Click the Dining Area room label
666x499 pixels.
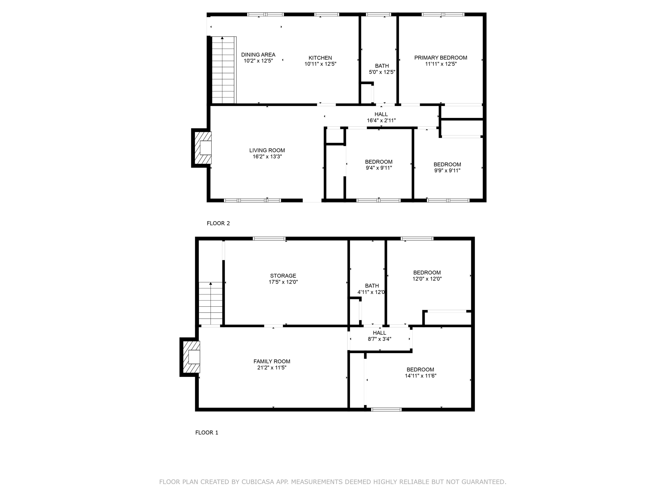258,55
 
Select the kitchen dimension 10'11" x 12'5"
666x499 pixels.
320,64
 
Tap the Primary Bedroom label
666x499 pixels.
441,58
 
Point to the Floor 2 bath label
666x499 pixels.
382,66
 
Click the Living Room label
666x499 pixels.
267,150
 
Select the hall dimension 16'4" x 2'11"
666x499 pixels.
381,121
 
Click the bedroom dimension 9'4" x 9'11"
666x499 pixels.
379,168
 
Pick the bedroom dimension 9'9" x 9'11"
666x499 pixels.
447,171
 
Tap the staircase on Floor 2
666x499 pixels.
223,70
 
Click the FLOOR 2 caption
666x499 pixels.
218,223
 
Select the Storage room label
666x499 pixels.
283,275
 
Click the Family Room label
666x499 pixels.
272,361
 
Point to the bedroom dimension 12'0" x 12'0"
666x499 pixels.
427,279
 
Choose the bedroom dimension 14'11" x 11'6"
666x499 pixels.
420,376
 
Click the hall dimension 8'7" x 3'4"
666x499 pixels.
379,339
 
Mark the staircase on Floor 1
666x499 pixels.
211,303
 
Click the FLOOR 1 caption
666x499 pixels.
206,432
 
